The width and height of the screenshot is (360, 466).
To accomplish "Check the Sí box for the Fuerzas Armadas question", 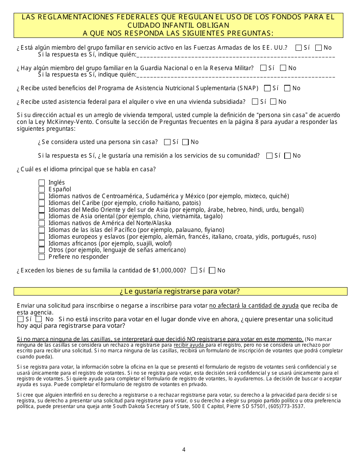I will click(299, 48).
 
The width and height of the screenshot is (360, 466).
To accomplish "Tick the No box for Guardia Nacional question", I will click(283, 68).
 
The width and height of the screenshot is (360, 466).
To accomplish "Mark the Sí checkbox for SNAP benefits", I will click(267, 88).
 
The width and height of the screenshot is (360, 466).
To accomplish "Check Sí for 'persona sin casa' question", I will click(167, 142).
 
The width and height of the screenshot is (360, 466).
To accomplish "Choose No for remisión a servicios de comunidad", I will click(288, 156).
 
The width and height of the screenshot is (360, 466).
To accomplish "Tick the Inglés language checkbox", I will click(42, 183).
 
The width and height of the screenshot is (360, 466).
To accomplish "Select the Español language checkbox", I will click(42, 189).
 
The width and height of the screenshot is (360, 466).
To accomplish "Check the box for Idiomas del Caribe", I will click(42, 203).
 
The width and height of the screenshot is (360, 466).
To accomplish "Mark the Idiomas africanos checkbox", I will click(42, 244).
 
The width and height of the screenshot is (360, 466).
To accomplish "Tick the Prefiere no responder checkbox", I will click(42, 257).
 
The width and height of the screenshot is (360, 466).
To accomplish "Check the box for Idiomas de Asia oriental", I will click(42, 216).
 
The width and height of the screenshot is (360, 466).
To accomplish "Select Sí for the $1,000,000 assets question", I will click(194, 271).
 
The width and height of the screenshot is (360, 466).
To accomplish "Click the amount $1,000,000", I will click(169, 271).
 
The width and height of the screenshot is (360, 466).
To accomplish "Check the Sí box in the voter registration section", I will click(20, 319).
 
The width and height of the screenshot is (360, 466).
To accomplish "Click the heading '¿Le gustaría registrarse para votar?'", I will click(180, 291).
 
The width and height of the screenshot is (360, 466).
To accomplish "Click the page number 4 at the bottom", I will click(184, 450).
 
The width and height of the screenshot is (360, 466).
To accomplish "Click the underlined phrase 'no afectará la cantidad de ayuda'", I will click(254, 306).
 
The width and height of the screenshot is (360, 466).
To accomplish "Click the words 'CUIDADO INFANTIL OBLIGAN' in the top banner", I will click(178, 25).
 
